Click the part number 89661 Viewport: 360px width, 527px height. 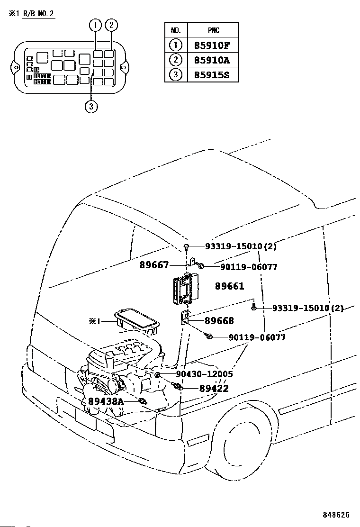[229, 286]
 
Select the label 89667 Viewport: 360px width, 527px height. [154, 265]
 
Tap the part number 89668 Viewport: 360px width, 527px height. [219, 321]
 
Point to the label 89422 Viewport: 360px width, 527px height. [214, 389]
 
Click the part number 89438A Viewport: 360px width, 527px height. [106, 401]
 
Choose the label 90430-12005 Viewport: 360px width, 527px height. [204, 374]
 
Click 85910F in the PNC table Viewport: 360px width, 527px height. [212, 45]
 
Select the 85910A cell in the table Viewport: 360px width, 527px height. [212, 60]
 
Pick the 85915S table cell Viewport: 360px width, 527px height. [212, 75]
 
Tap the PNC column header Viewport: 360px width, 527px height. [213, 30]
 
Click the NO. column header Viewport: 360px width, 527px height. [176, 30]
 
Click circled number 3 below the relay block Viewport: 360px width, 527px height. [91, 107]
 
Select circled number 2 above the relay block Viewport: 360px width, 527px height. [111, 25]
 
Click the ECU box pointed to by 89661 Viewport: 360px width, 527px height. [186, 289]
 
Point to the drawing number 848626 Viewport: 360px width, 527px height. [336, 515]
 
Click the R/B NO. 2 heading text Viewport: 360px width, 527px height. [38, 14]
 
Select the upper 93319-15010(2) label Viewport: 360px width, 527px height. [241, 246]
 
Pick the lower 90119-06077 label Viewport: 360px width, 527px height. [257, 337]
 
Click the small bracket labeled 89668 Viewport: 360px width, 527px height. [184, 318]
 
